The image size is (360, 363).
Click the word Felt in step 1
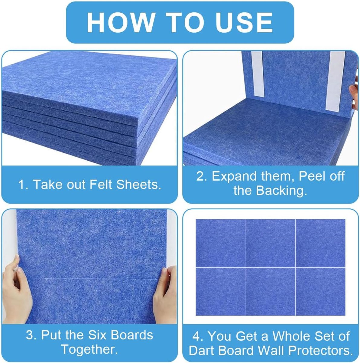(x=101, y=185)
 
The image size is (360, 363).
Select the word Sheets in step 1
(x=139, y=185)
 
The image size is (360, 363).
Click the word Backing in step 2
(x=280, y=191)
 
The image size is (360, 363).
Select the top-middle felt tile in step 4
(x=270, y=243)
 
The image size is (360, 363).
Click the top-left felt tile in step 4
(x=220, y=243)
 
